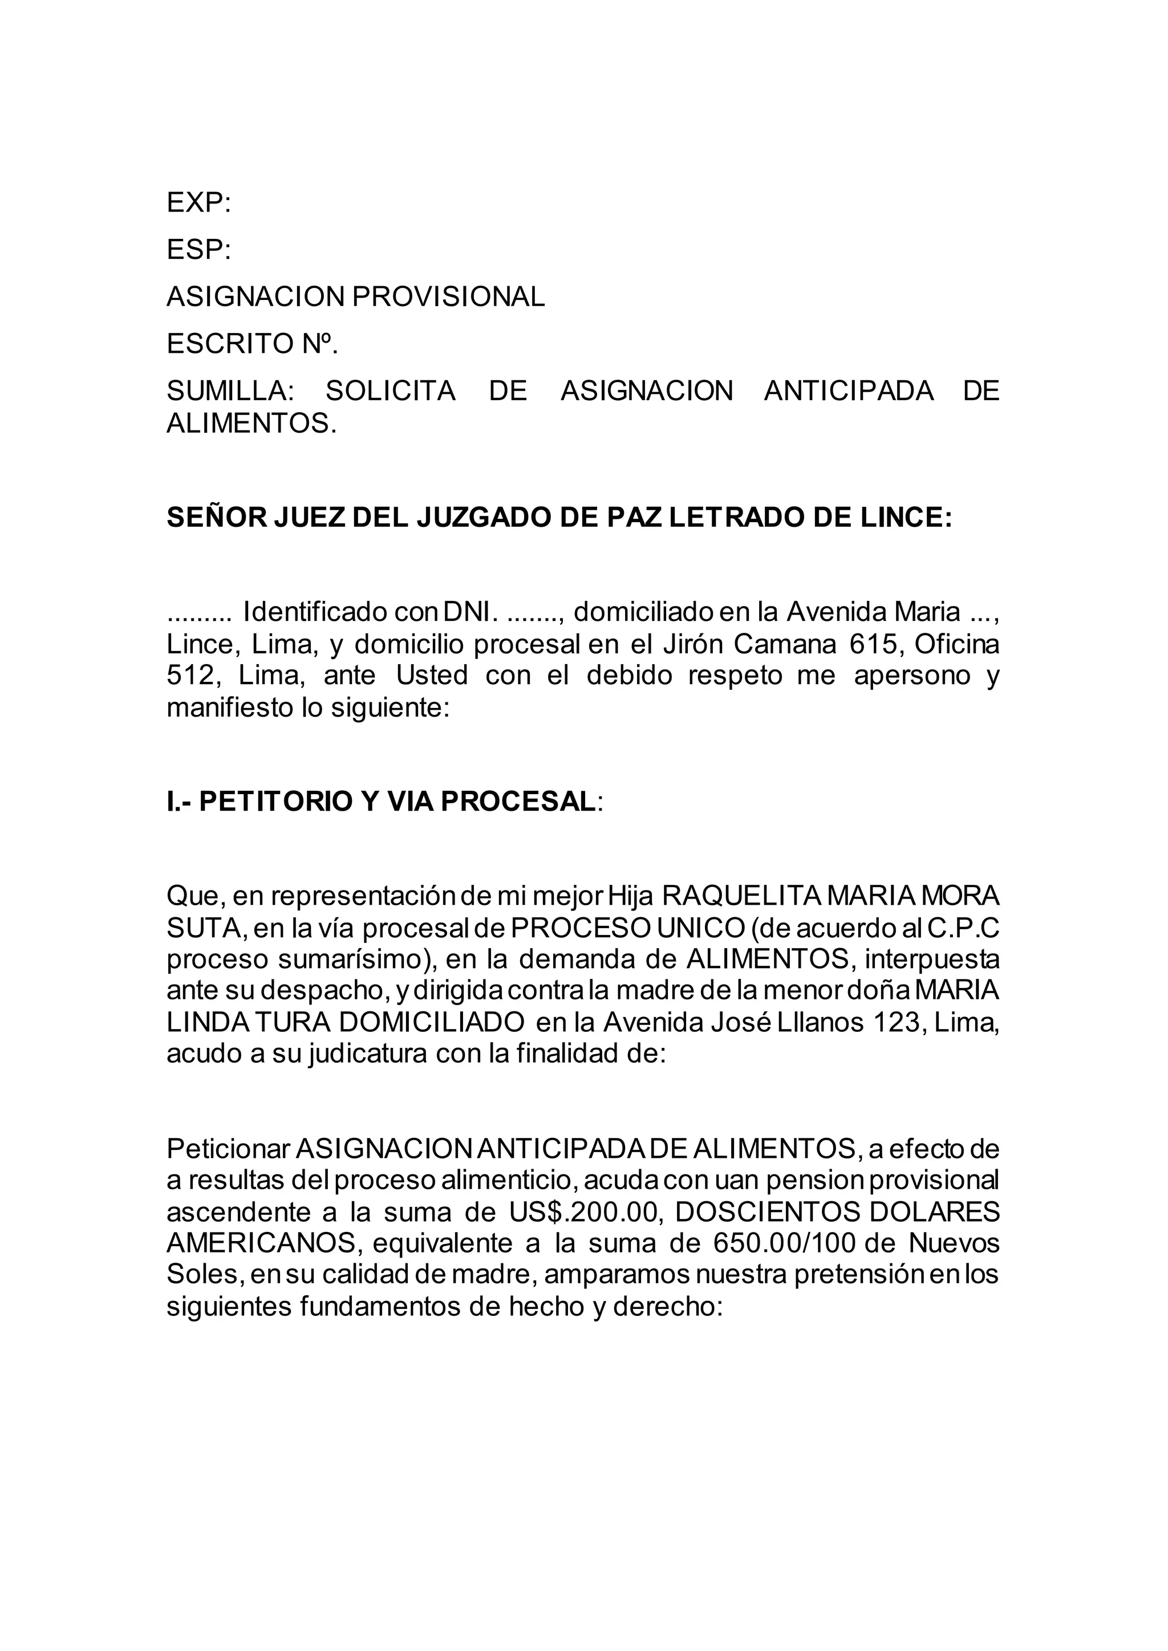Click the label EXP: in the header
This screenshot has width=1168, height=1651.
coord(198,204)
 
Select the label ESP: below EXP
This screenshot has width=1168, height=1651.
coord(198,250)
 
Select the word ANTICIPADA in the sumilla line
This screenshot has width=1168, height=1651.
coord(849,391)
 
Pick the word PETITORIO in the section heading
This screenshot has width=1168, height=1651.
coord(275,801)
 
